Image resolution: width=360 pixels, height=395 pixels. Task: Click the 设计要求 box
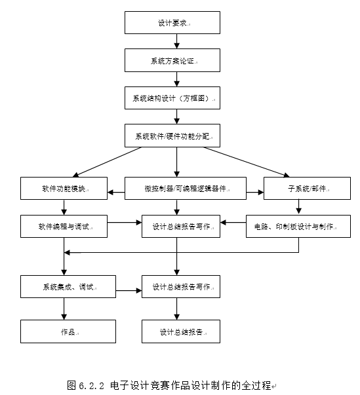tap(175, 23)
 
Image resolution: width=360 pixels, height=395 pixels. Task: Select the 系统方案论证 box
tap(175, 60)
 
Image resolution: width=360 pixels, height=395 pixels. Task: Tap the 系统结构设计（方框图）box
tap(175, 98)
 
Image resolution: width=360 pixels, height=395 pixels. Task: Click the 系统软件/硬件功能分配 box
tap(175, 136)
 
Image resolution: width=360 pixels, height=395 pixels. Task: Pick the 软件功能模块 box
tap(64, 188)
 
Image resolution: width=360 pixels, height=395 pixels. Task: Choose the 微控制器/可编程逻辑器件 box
tap(186, 188)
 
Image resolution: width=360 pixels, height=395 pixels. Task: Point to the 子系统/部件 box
tap(306, 188)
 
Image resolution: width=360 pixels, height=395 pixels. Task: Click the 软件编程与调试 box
tap(64, 226)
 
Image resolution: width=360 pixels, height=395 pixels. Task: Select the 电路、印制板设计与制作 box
tap(298, 226)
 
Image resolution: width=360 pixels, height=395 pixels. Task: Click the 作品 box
tap(68, 331)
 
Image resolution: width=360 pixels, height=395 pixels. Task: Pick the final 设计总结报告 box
tap(180, 331)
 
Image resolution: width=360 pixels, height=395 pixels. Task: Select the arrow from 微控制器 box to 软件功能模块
tap(116, 193)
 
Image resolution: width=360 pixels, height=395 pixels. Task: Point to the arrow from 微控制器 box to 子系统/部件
tap(255, 193)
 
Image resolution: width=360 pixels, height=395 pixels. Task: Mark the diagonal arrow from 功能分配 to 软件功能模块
tap(108, 162)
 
